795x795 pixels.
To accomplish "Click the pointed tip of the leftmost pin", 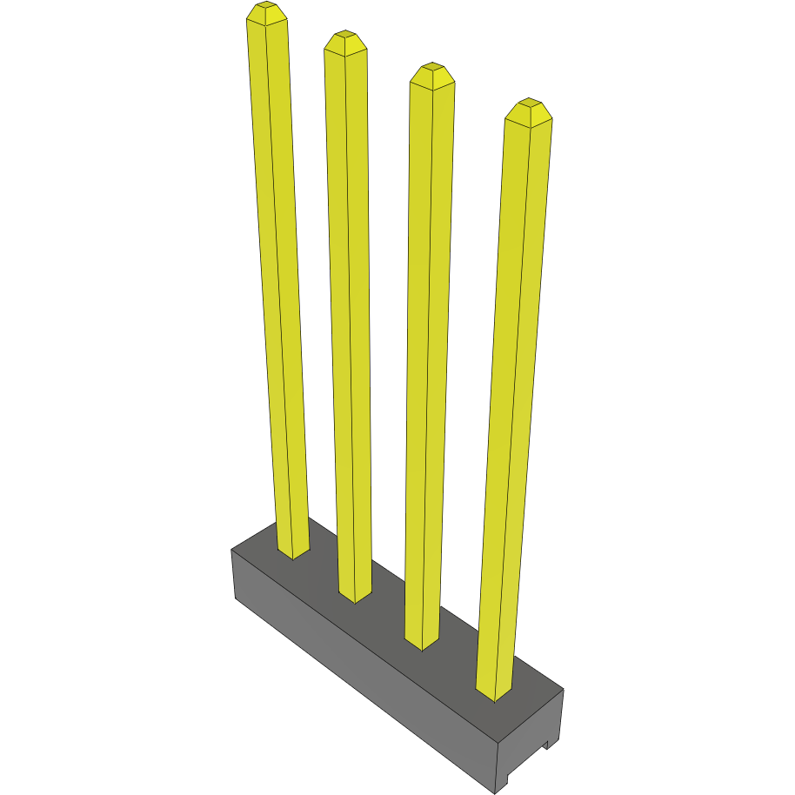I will [266, 12].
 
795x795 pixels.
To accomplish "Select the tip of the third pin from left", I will [431, 73].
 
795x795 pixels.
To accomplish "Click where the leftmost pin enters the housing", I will [293, 553].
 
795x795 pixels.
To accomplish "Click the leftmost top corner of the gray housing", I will [231, 550].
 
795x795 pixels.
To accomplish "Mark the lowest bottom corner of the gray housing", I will [495, 792].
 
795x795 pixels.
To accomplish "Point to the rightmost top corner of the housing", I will [563, 690].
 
